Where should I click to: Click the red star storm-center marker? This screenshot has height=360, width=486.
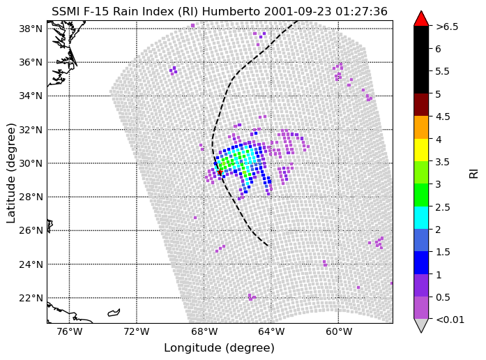click(x=220, y=172)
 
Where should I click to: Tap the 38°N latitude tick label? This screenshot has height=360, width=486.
click(x=31, y=29)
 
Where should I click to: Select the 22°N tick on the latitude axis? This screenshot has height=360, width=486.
click(x=31, y=298)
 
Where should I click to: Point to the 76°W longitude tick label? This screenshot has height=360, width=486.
click(x=69, y=332)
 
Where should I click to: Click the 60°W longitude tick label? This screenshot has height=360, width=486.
click(x=338, y=332)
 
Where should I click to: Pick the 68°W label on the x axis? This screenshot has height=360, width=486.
click(x=204, y=332)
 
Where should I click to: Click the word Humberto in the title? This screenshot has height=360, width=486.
click(x=231, y=11)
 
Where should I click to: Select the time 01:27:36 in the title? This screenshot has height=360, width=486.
click(x=361, y=11)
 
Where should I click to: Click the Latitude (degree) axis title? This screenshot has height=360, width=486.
click(x=11, y=173)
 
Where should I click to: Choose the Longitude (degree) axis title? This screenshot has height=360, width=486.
click(x=219, y=348)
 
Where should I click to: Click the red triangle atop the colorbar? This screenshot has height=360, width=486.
click(x=421, y=20)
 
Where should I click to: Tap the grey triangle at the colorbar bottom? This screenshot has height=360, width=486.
click(x=421, y=325)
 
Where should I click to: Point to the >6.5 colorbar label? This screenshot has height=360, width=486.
click(x=447, y=27)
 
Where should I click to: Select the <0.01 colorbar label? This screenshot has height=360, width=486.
click(x=450, y=320)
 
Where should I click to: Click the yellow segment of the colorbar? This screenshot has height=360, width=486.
click(x=421, y=150)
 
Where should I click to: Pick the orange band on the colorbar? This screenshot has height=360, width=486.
click(x=421, y=128)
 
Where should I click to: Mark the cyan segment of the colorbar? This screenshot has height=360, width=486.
click(x=421, y=218)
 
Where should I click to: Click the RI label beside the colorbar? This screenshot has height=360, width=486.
click(x=473, y=173)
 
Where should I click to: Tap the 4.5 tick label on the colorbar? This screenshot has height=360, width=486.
click(x=443, y=117)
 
